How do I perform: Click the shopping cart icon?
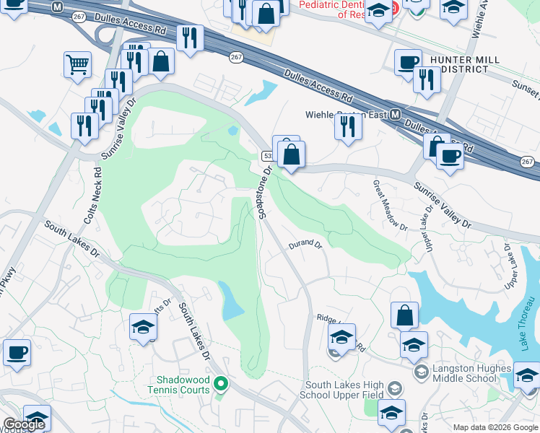77,64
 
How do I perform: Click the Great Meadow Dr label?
389,205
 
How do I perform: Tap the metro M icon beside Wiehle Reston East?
395,115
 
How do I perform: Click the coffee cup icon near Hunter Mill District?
408,61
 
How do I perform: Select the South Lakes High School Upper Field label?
346,390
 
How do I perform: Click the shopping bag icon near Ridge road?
404,315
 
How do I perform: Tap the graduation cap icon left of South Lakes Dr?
143,327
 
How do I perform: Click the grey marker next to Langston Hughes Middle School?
421,372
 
